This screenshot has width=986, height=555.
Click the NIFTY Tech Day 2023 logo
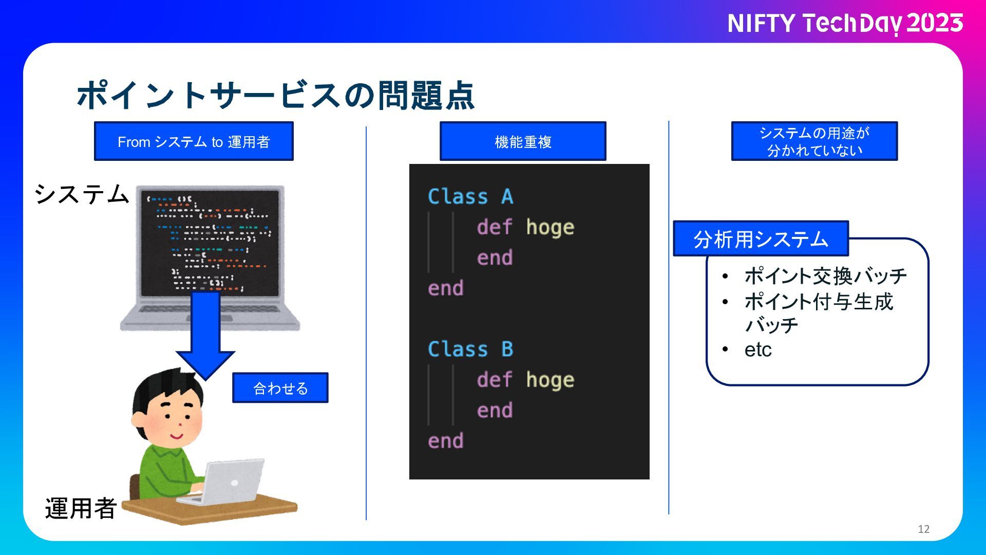coord(845,24)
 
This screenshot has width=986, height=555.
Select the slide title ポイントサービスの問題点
coord(275,95)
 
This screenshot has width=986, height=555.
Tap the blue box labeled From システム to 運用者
coord(194,141)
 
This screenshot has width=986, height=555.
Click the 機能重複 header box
coord(523,141)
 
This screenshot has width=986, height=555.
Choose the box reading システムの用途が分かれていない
coord(814,141)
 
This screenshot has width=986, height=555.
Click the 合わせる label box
coord(280,388)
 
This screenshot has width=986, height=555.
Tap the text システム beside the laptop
coord(81,194)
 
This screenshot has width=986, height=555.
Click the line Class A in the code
coord(470,197)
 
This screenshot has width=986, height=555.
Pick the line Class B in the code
coord(470,349)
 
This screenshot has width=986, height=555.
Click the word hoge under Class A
coord(550,227)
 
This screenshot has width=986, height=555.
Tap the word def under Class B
coord(494,380)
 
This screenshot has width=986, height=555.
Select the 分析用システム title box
coord(761,239)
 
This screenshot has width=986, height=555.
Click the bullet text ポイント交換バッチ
coord(825,276)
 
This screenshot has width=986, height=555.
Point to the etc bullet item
coord(758,349)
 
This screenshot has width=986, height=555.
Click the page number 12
coord(923,529)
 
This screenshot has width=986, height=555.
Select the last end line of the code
coord(446,441)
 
